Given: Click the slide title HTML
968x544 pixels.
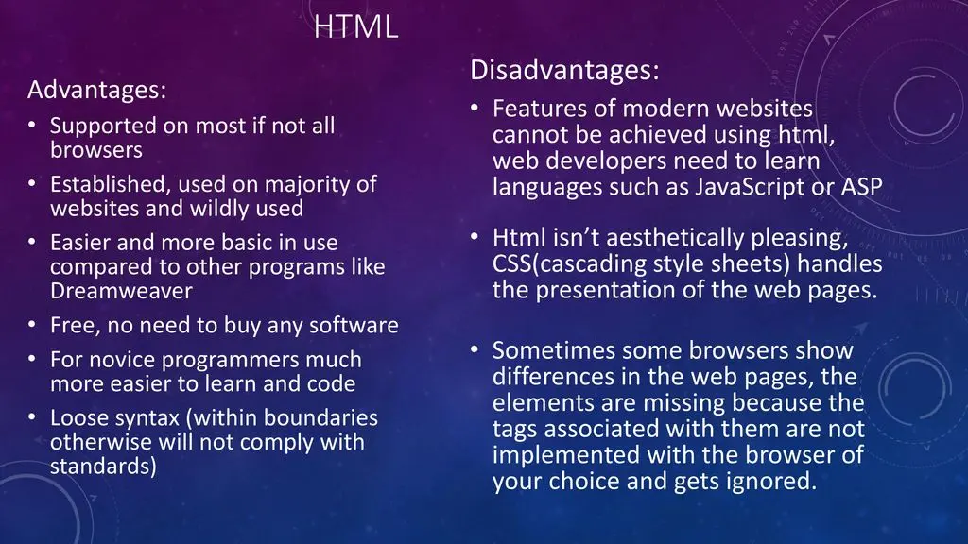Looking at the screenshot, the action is [x=355, y=27].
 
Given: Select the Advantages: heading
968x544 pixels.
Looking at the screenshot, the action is [x=97, y=90].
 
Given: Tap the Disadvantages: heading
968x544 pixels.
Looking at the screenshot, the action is [x=564, y=70].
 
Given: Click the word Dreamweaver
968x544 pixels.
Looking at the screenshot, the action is [x=121, y=291].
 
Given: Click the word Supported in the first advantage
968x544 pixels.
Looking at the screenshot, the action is [x=103, y=127].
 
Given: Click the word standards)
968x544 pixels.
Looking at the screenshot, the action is [x=103, y=467].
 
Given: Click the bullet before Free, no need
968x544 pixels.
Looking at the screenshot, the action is [x=32, y=325].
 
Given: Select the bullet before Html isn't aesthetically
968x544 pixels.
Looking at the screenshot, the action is [x=475, y=237].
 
